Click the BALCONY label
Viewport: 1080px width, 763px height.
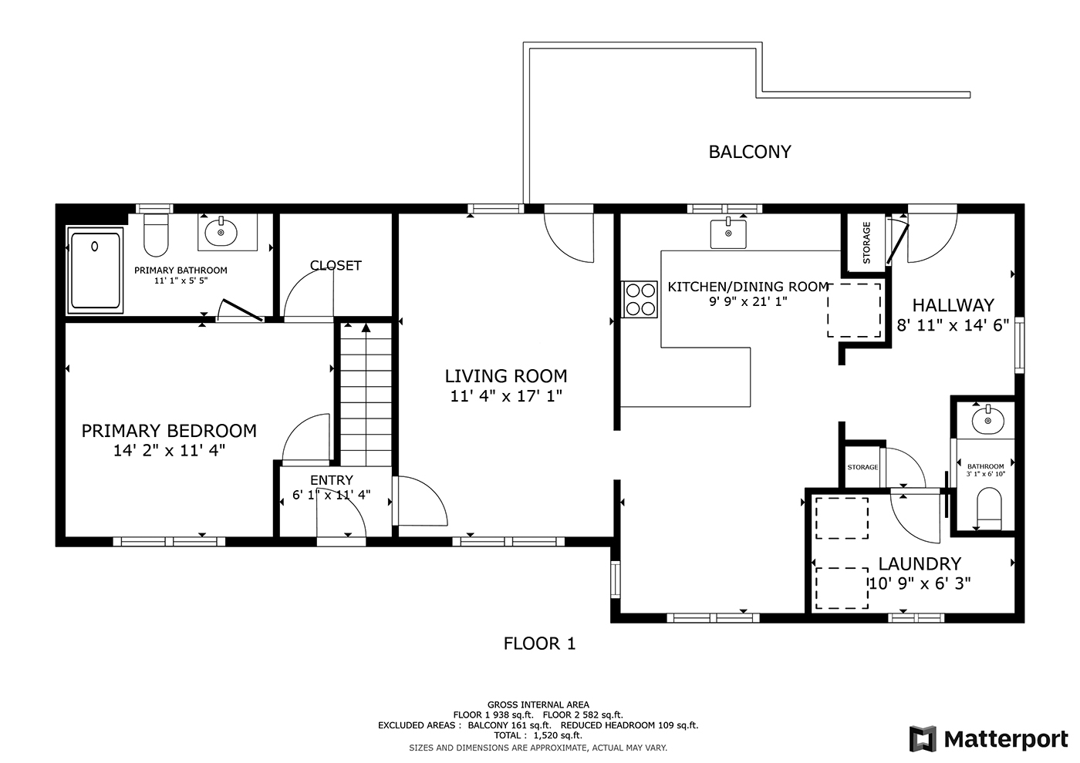pos(750,153)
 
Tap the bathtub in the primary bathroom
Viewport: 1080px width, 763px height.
pos(96,271)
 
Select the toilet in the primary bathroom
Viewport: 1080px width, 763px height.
pos(156,235)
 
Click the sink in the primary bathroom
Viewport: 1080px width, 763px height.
pos(221,232)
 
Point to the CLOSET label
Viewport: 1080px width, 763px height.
pos(336,265)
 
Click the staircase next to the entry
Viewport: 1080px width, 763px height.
pos(366,394)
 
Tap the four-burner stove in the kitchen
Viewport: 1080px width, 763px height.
pos(640,299)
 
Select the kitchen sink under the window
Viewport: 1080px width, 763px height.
pos(728,234)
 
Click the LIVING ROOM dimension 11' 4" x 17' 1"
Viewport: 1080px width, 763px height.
pos(506,396)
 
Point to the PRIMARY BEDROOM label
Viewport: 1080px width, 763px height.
pos(169,431)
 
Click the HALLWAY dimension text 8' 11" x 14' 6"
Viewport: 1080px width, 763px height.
pos(953,325)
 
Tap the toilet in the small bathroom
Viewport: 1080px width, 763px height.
pos(989,509)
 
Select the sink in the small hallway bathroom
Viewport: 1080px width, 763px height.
pos(988,421)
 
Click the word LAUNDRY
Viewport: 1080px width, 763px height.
pos(920,563)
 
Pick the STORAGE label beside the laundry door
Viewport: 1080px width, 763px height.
pos(863,467)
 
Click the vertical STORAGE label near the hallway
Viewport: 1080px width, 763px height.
pos(866,243)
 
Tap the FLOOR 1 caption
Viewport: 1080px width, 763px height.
pos(539,644)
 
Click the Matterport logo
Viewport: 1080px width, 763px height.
pos(988,739)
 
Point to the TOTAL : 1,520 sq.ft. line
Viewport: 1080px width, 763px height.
pos(538,735)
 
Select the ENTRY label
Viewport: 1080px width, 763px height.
pos(332,479)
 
